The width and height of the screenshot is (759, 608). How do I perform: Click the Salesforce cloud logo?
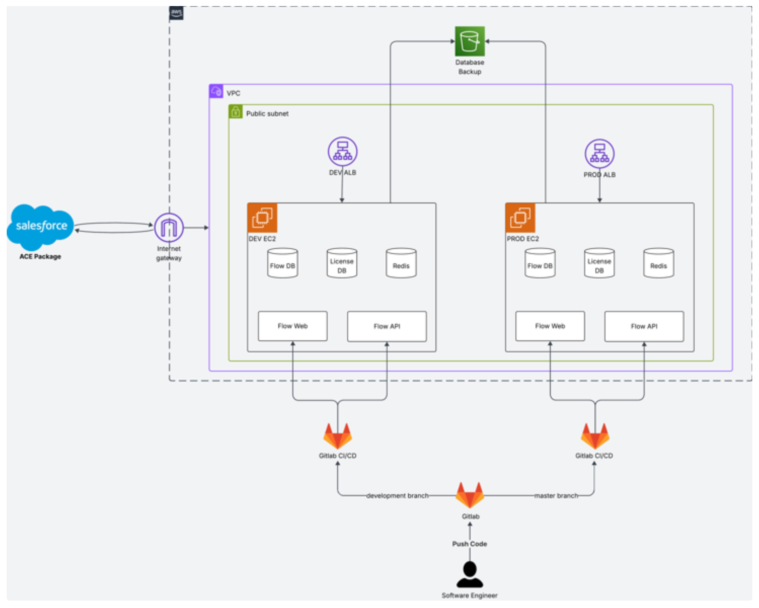pos(40,226)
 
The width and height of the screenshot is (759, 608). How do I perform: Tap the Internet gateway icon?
pos(169,228)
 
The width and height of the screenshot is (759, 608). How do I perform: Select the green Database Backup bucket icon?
pos(470,41)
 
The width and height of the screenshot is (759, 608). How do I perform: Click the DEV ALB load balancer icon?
pos(343,151)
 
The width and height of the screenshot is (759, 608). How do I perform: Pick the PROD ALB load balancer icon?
pos(599,154)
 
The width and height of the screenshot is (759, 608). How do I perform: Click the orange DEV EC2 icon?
pos(262,218)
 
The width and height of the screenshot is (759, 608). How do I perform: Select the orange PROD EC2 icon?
pos(520,218)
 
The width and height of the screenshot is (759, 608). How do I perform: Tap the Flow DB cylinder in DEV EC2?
pos(282,263)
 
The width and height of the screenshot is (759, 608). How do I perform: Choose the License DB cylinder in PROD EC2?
pos(599,263)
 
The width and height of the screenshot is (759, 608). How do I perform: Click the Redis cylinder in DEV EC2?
pos(401,263)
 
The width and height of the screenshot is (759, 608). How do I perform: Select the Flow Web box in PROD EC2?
pos(550,326)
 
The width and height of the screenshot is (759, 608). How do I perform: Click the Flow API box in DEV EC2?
pos(387,326)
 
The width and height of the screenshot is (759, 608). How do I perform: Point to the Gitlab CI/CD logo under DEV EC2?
pos(338,436)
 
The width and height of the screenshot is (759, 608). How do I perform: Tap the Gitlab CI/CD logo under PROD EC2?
pos(595,436)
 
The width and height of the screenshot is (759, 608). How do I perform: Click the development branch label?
pos(398,496)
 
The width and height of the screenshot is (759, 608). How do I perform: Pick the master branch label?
pos(556,496)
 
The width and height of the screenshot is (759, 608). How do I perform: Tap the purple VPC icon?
pos(216,91)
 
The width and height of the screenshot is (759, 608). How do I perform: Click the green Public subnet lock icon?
pos(236,112)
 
